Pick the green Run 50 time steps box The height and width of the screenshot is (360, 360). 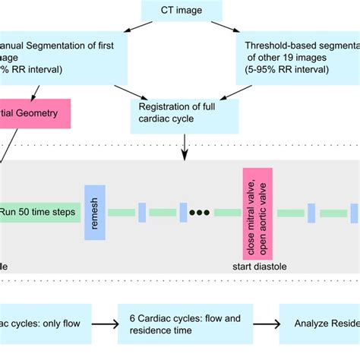(38, 212)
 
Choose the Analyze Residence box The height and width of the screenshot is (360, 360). (319, 324)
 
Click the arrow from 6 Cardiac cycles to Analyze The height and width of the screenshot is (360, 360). (262, 324)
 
